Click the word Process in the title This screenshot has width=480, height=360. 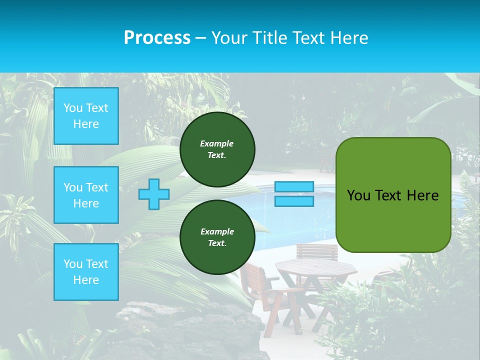157,38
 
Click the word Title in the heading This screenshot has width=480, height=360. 269,38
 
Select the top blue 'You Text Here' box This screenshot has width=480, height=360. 86,116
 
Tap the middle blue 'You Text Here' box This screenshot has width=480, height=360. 86,195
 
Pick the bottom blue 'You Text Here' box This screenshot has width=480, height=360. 86,272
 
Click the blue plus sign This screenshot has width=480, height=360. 153,194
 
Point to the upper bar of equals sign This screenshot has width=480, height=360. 294,186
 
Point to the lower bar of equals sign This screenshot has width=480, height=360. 294,201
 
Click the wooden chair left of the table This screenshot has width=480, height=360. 260,290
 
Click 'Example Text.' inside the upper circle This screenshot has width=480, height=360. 217,149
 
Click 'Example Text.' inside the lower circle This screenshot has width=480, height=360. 217,237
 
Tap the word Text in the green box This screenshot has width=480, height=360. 388,195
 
